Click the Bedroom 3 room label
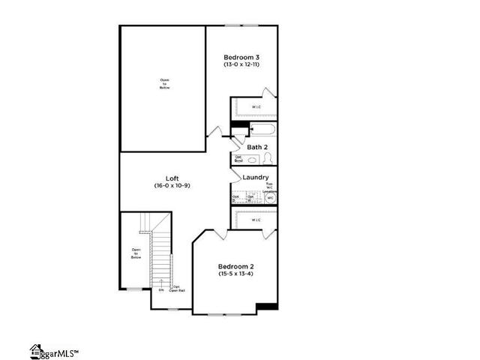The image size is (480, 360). coord(242,57)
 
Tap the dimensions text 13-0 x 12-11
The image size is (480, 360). coord(242,65)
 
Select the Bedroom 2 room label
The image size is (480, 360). coord(236,266)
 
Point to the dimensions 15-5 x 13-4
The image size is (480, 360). coord(236,274)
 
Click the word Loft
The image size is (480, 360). coord(172,178)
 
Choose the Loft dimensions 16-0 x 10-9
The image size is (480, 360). coord(172,185)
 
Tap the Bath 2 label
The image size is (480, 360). coord(259,147)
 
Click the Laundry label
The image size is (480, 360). coord(256,178)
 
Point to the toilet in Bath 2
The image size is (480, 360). coord(268,159)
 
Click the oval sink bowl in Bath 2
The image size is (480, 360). coord(253,159)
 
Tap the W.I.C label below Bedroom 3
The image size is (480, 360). coord(256,107)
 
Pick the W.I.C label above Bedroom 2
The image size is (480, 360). coord(256,220)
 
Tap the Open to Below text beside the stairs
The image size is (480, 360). coord(136,253)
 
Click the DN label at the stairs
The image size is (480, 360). coord(160,289)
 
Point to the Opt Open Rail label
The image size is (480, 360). coord(176,288)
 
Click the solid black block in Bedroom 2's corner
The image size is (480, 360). coord(267,306)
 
